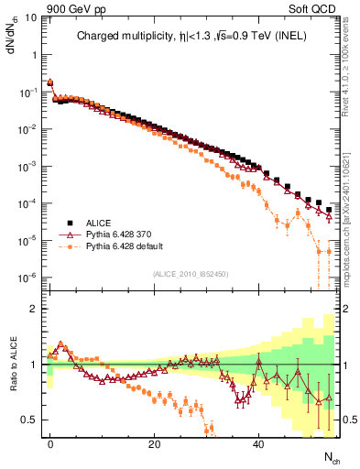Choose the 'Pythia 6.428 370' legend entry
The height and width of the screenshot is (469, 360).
[116, 235]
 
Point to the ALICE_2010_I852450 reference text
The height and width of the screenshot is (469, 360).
[191, 274]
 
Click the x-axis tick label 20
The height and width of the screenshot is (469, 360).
[154, 443]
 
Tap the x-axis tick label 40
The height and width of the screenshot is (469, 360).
[258, 443]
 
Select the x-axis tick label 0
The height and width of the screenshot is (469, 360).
[50, 443]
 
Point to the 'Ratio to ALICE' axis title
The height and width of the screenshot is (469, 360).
[13, 364]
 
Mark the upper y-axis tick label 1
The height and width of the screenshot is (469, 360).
[37, 55]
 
